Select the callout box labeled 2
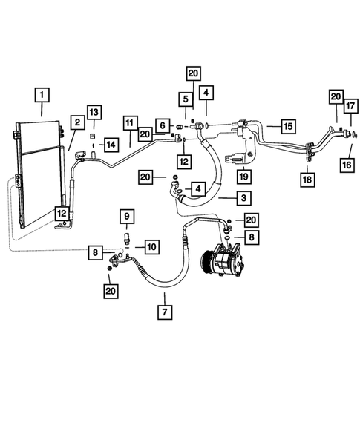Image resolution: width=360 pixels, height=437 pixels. point(76,122)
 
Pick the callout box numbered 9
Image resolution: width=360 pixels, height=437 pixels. point(126,217)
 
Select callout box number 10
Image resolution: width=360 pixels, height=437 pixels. point(151,246)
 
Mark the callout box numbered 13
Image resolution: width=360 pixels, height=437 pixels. point(93,111)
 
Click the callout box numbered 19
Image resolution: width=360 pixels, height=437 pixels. point(241,176)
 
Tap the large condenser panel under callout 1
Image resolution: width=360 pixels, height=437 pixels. point(37,171)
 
